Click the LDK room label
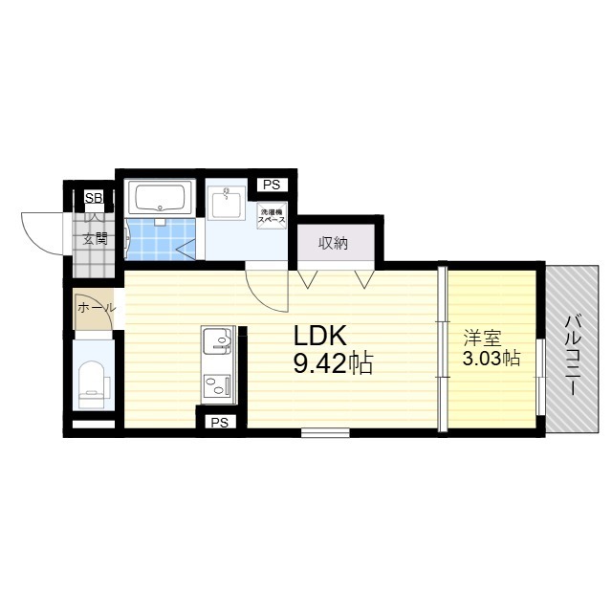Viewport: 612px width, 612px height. [320, 336]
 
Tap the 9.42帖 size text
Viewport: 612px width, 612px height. [333, 363]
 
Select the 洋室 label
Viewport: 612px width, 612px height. [483, 338]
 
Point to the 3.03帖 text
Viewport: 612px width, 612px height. [492, 359]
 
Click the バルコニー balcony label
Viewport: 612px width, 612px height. [572, 356]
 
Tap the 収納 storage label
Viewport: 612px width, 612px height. [334, 243]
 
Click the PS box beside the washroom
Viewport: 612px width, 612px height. [272, 185]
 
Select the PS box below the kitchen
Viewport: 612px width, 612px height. [220, 422]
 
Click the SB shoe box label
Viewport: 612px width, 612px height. [94, 198]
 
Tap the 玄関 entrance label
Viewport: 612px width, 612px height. [95, 239]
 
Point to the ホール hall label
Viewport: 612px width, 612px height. [97, 308]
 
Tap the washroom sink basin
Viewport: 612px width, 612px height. [227, 200]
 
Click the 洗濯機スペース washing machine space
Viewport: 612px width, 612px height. [272, 215]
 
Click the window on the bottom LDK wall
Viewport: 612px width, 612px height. [325, 432]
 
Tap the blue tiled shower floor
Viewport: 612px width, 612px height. [161, 239]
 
